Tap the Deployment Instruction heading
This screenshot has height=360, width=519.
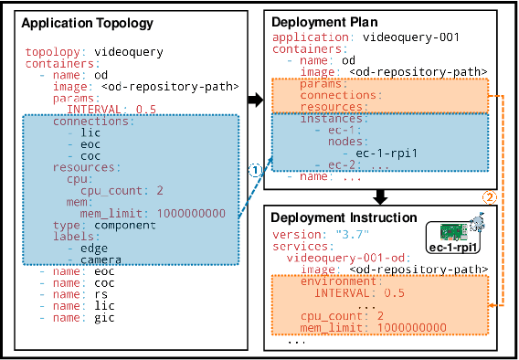(x=344, y=219)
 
